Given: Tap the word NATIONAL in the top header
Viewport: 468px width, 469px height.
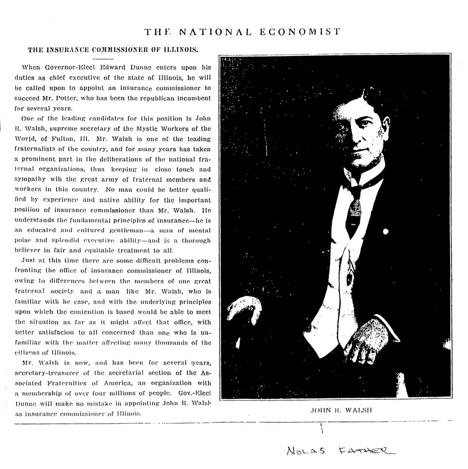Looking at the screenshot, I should (215, 31).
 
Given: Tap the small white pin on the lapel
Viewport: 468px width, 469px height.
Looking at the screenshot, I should (385, 232).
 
